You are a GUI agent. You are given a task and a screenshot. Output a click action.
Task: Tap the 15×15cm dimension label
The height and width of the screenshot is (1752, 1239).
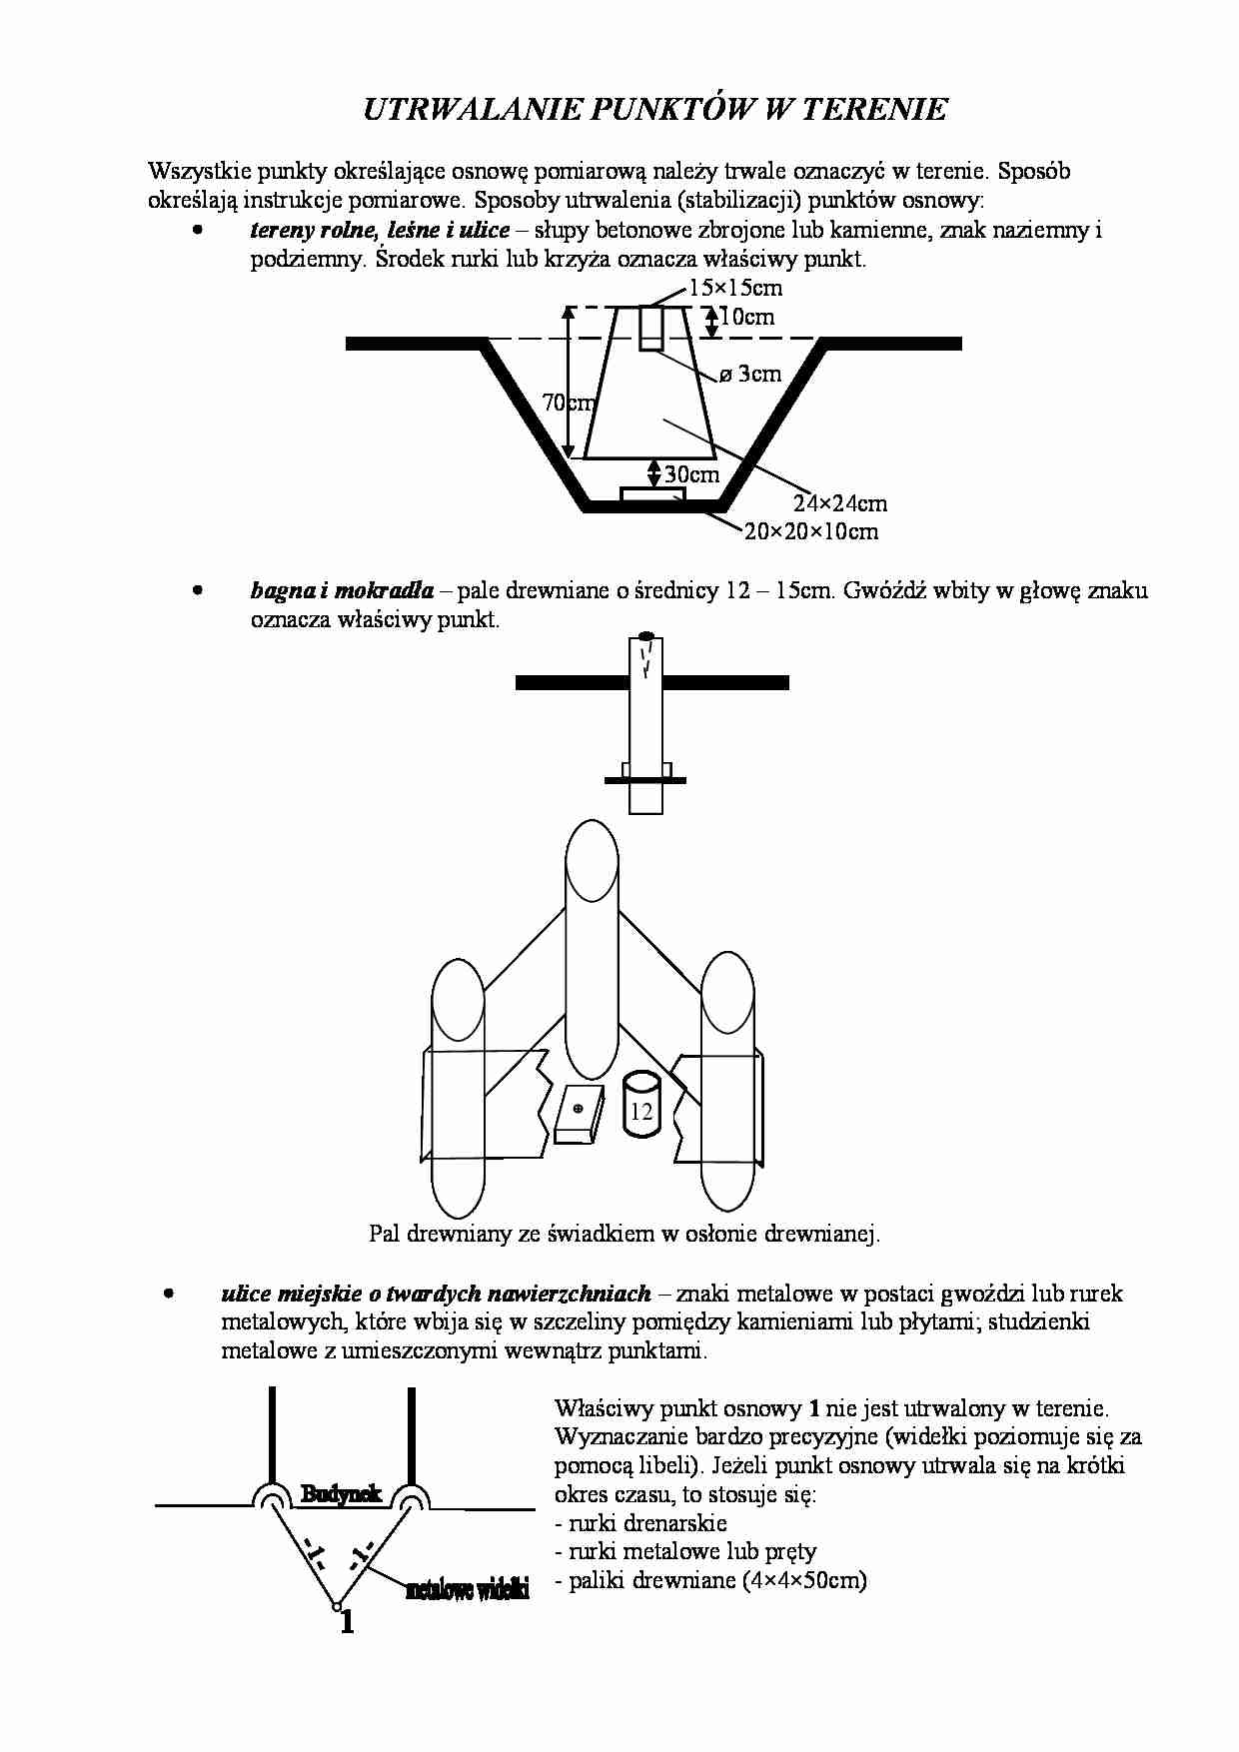[x=735, y=289]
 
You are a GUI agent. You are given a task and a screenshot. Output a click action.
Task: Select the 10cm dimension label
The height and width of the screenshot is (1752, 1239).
[x=746, y=318]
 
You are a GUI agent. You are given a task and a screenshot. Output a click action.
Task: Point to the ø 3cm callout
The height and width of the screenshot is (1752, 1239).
[x=750, y=375]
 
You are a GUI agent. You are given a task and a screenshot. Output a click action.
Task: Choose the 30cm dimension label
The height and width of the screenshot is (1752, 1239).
[x=691, y=474]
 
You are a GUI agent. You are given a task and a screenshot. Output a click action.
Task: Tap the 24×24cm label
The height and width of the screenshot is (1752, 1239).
[x=840, y=503]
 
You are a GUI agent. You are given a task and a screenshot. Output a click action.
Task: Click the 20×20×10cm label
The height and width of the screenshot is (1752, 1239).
[x=811, y=531]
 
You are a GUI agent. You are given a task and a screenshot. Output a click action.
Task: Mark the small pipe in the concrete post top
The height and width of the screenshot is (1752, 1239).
[x=651, y=329]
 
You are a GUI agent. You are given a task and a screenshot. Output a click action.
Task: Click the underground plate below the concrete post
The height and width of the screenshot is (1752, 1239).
[x=652, y=494]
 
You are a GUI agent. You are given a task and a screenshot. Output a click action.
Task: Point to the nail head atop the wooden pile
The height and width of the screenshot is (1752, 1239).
[x=646, y=635]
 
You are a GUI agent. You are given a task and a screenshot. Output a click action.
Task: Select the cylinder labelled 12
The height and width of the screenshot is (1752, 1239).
[x=641, y=1106]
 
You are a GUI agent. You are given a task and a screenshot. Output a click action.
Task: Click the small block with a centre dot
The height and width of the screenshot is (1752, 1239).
[x=578, y=1112]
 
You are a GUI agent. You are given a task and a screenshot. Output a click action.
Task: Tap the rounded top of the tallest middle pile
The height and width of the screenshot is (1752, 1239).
[x=594, y=849]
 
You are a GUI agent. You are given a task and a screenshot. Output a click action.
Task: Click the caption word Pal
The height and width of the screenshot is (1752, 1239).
[x=384, y=1234]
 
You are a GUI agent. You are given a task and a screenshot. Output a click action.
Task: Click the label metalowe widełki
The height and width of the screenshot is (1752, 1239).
[x=467, y=1589]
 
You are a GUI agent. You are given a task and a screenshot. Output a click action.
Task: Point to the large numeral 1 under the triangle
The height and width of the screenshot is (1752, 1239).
[x=347, y=1622]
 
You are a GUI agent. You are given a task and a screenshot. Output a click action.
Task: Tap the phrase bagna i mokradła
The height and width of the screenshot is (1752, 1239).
[x=342, y=590]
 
